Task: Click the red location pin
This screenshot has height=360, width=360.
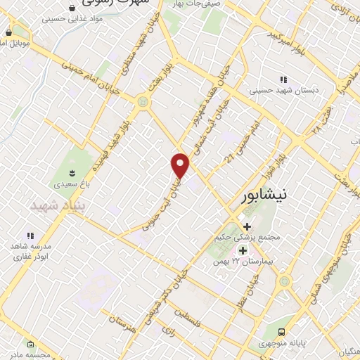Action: coord(181,165)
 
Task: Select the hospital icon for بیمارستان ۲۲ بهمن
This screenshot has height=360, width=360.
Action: coord(243,251)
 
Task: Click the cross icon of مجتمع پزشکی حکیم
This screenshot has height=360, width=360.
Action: coord(247,226)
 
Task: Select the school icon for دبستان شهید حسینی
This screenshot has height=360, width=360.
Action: coord(283,80)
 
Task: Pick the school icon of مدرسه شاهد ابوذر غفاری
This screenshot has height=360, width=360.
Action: coord(30,236)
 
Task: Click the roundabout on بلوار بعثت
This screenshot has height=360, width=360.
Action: coord(144,103)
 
